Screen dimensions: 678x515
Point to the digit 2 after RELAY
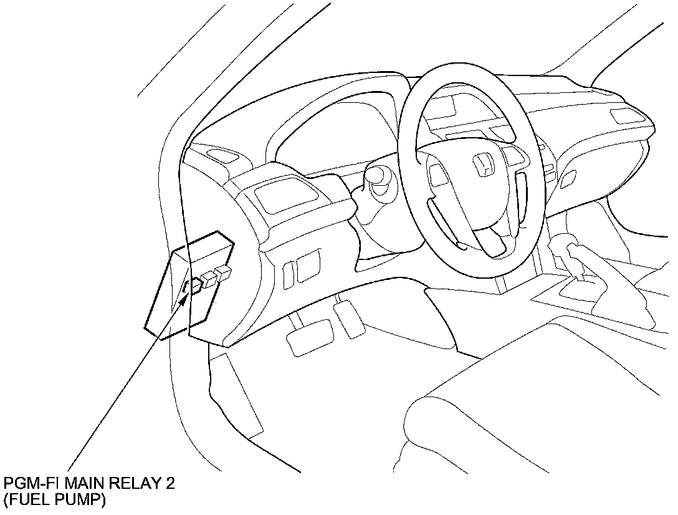click(170, 484)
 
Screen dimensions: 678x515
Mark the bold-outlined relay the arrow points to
click(195, 287)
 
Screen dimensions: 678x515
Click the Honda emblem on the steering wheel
click(484, 165)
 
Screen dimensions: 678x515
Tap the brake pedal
click(310, 337)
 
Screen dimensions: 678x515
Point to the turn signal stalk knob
click(378, 177)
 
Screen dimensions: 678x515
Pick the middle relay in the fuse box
click(209, 279)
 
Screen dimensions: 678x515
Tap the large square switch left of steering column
click(308, 265)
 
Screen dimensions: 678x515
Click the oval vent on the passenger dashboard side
click(568, 180)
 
